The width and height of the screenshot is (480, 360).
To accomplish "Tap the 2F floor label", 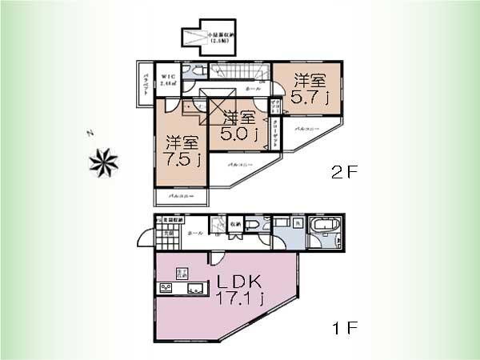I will point(344,171).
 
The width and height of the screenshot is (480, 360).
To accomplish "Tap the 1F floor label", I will point(344,329).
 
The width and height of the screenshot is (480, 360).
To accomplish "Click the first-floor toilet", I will point(252,226).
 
